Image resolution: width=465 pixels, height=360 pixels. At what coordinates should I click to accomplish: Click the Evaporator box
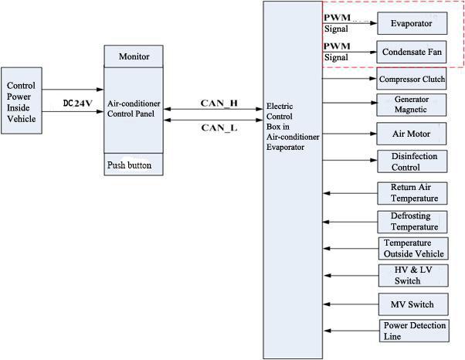coord(411,23)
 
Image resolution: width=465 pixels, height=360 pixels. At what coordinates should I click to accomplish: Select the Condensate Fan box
coord(411,53)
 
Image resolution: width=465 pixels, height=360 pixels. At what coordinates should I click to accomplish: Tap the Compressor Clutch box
coord(411,80)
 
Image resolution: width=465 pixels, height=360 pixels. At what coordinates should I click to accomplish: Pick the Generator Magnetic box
coord(411,104)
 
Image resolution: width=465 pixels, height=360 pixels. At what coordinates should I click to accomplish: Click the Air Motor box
coord(411,133)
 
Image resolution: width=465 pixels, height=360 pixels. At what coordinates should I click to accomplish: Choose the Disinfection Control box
coord(411,161)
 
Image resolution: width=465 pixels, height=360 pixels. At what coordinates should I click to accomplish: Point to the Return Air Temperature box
coord(411,193)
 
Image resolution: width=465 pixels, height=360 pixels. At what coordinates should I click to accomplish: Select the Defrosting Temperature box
coord(411,222)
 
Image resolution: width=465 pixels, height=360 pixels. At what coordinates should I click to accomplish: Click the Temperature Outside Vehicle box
coord(413,249)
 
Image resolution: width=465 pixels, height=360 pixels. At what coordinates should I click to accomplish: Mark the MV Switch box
coord(411,304)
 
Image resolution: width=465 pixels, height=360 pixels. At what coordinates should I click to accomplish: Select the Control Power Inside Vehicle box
coord(22,102)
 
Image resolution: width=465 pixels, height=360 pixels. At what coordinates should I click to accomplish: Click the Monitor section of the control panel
coord(134,57)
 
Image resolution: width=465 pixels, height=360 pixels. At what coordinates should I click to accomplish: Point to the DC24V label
coord(77,102)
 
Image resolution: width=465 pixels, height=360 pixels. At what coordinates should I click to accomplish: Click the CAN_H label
coord(219,103)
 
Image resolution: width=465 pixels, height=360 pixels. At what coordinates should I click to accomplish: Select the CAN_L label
coord(219,128)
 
